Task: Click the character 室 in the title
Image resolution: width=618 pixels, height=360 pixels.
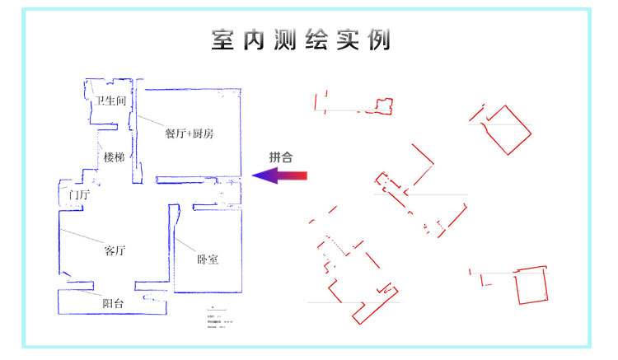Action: pyautogui.click(x=222, y=40)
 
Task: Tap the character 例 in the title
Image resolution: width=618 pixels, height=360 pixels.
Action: pyautogui.click(x=379, y=40)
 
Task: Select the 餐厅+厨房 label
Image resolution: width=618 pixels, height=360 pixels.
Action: pyautogui.click(x=189, y=133)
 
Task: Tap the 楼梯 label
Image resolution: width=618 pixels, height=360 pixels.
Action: pyautogui.click(x=114, y=157)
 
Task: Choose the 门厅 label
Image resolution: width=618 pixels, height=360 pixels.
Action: pyautogui.click(x=80, y=195)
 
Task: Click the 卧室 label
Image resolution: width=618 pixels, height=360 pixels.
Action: pyautogui.click(x=208, y=259)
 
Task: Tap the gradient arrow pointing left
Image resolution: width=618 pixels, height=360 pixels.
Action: pyautogui.click(x=279, y=175)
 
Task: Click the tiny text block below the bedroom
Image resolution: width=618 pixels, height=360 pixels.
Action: pyautogui.click(x=218, y=322)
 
